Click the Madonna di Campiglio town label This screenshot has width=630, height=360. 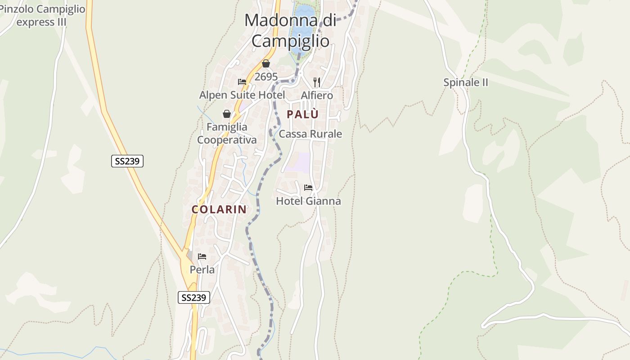[x=290, y=31]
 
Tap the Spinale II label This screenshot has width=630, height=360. [x=466, y=82]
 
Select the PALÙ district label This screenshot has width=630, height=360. [x=302, y=114]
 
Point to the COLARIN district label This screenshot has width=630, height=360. [x=219, y=209]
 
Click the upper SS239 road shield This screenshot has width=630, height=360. [x=127, y=161]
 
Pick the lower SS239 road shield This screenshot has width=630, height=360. [x=194, y=297]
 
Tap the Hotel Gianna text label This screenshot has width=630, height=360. [x=308, y=201]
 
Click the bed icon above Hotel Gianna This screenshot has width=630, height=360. [x=308, y=187]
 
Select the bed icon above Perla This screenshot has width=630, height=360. [x=202, y=256]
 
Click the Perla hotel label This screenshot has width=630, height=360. [x=202, y=270]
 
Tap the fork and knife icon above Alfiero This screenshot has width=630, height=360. [x=317, y=82]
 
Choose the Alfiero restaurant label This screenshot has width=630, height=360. [x=317, y=95]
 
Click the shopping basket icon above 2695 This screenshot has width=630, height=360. [x=266, y=63]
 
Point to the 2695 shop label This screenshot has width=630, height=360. [x=266, y=77]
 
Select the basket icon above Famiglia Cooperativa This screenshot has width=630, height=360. [x=227, y=114]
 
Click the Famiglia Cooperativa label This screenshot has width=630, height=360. [x=227, y=134]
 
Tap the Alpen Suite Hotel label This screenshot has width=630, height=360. [x=242, y=95]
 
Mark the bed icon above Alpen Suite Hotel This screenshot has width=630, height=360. [x=242, y=82]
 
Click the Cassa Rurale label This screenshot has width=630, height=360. [x=310, y=134]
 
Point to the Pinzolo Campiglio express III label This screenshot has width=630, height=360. [x=42, y=15]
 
